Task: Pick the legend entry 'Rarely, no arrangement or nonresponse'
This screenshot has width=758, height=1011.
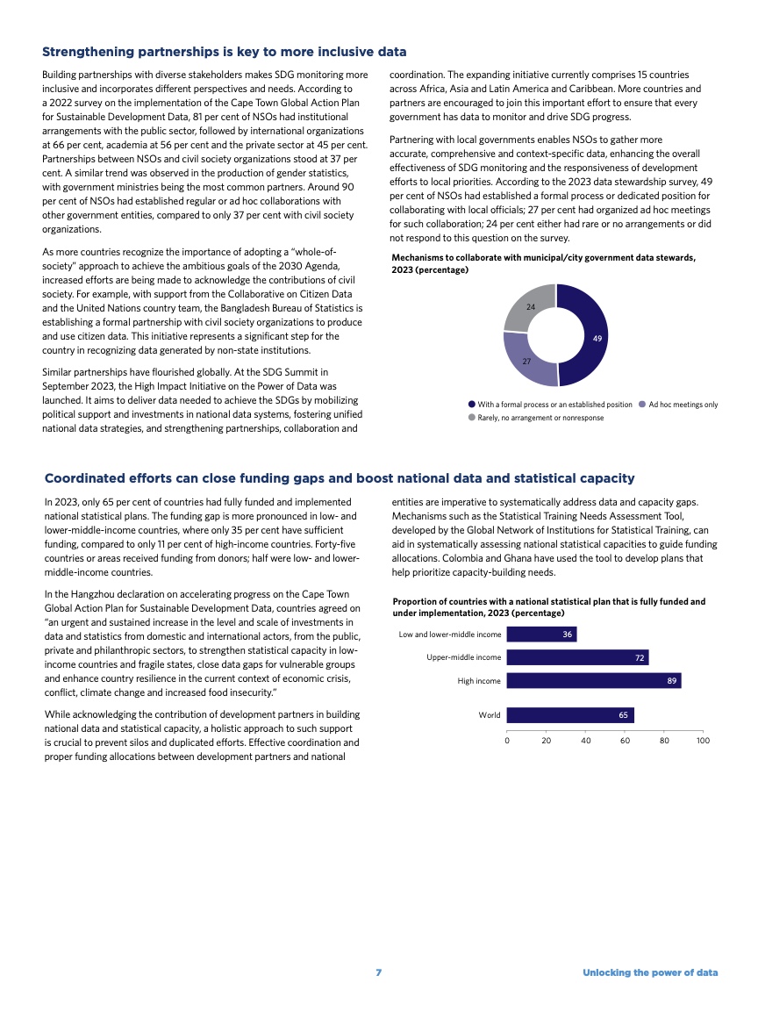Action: click(540, 418)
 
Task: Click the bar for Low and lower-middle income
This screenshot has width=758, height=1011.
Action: click(541, 635)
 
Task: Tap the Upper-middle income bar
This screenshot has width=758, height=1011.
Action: click(577, 657)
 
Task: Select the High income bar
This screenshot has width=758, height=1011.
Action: click(594, 680)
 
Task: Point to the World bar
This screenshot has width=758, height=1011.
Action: click(570, 715)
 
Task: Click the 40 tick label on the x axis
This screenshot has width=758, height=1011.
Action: click(585, 742)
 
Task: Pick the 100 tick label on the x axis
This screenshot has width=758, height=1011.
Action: click(703, 742)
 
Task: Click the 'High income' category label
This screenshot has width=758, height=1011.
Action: click(479, 680)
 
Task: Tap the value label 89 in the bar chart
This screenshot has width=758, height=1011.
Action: click(672, 680)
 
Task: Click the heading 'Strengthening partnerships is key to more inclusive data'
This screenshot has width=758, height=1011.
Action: click(224, 53)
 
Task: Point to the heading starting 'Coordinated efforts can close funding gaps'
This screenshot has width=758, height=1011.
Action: click(339, 478)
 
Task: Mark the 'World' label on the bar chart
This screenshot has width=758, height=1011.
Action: click(490, 715)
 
